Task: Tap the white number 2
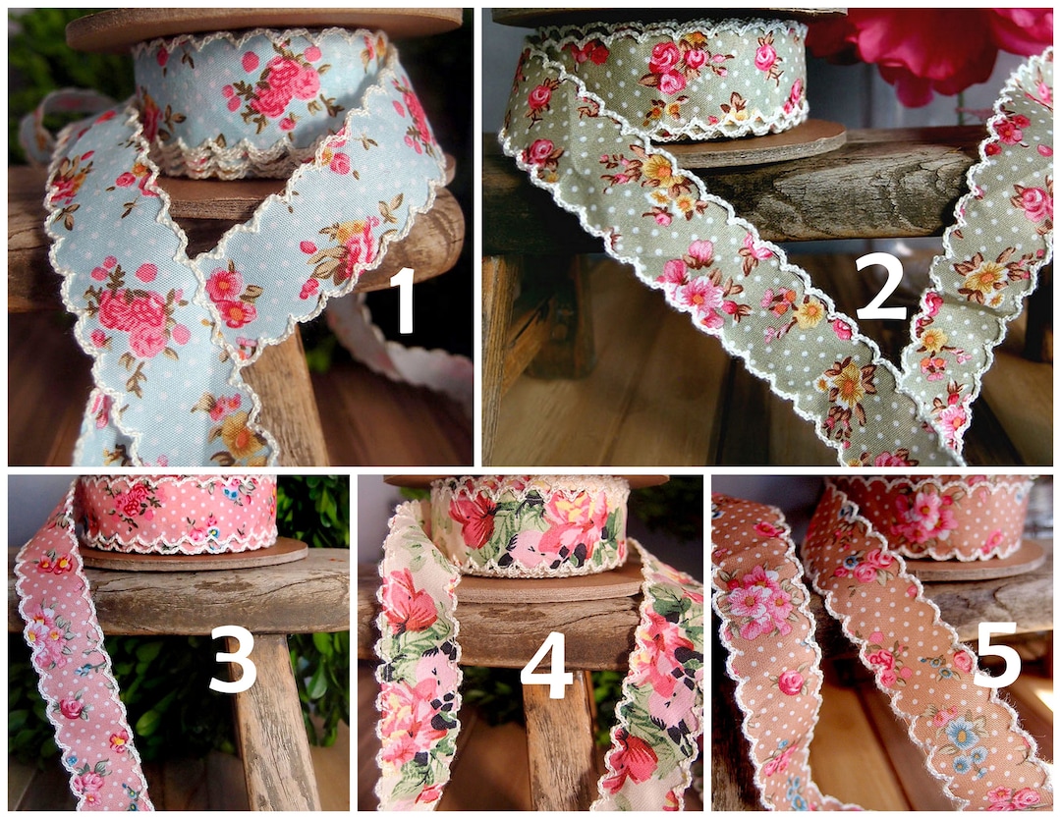pyautogui.click(x=879, y=285)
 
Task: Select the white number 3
pyautogui.click(x=233, y=659)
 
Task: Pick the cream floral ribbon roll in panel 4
pyautogui.click(x=530, y=525)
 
